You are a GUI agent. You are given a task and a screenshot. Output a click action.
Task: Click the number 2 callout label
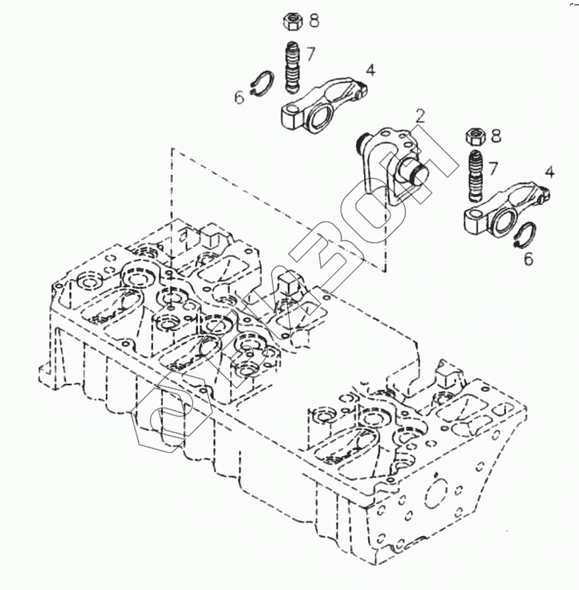420,117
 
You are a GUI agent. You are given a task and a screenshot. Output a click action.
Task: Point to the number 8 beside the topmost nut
313,21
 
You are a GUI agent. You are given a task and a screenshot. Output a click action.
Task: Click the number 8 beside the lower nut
495,137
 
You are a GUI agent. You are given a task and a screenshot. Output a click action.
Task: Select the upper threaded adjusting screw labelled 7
291,68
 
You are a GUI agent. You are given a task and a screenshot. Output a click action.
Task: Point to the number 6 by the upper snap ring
239,99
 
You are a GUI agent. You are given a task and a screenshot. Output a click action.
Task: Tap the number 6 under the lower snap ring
528,259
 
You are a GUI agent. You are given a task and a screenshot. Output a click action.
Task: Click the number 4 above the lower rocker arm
549,173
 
